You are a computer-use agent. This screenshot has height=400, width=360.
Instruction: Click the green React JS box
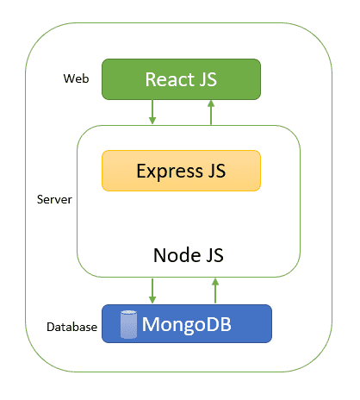point(181,79)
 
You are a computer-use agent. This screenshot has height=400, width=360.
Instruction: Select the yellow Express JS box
point(181,171)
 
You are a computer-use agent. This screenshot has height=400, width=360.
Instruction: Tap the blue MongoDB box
point(187,324)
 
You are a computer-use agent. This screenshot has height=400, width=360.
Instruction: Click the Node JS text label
point(189,255)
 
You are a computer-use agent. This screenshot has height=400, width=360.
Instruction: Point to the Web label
point(76,78)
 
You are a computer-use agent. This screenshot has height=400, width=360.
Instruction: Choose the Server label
point(54,199)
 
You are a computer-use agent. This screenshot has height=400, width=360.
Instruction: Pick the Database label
point(71,327)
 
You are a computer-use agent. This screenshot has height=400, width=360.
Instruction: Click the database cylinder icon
point(128,324)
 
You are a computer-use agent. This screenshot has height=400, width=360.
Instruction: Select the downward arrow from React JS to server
point(152,112)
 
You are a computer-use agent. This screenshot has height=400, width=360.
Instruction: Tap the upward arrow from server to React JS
point(211,112)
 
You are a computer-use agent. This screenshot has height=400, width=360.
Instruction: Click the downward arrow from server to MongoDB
point(152,291)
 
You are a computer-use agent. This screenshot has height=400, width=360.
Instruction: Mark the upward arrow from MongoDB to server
point(215,291)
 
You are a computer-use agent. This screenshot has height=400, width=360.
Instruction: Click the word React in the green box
point(170,79)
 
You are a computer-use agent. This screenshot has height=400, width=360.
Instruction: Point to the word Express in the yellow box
point(170,172)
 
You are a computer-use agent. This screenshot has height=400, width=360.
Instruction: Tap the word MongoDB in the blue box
point(187,324)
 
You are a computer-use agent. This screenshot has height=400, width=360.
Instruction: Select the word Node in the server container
point(177,255)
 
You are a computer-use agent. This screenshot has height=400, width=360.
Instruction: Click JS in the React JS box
point(208,79)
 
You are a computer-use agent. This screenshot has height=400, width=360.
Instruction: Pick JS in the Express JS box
point(217,171)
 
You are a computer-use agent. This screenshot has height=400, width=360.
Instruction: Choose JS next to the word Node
point(214,255)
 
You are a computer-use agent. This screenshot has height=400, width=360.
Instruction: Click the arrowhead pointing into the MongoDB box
point(152,300)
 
